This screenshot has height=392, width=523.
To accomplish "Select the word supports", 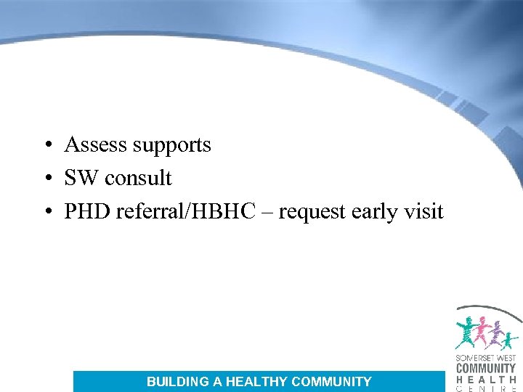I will click(x=171, y=146).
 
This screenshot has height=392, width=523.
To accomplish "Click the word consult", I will click(x=138, y=178).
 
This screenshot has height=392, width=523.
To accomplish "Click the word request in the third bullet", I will click(x=312, y=213).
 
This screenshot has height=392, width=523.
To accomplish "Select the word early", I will click(x=375, y=213).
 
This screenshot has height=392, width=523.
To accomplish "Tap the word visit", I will click(x=423, y=211).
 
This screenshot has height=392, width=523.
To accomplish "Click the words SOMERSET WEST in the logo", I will click(x=486, y=358).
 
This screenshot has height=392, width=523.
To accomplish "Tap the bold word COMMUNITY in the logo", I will click(x=486, y=368).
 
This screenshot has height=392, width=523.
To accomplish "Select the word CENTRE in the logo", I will click(x=486, y=388).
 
